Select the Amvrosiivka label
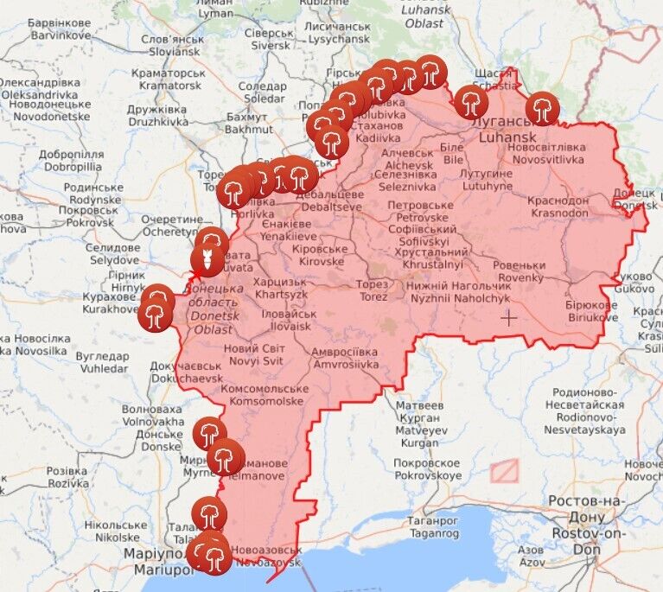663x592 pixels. click(x=345, y=358)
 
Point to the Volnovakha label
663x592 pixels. click(x=151, y=416)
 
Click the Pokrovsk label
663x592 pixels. click(x=90, y=215)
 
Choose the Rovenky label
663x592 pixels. click(x=520, y=271)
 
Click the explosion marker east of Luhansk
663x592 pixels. click(x=542, y=109)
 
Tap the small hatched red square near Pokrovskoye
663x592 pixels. click(x=504, y=470)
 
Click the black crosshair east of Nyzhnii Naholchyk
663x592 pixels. click(x=508, y=318)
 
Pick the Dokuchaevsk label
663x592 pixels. click(x=185, y=372)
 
